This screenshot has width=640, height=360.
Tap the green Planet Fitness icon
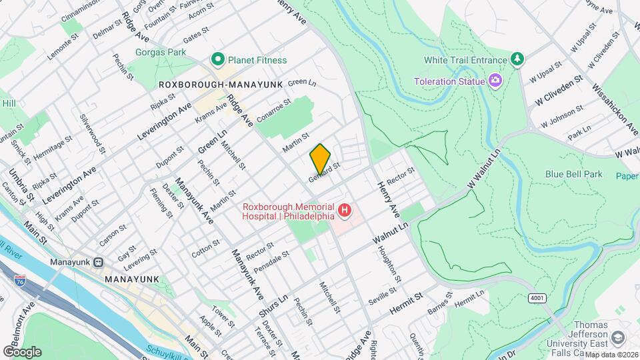click(217, 60)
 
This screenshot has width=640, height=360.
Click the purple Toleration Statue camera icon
click(495, 81)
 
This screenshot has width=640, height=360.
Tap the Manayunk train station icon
click(99, 262)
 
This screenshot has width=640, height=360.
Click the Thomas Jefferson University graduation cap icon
click(617, 338)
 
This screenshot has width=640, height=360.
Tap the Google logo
click(22, 351)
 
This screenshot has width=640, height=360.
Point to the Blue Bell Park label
click(573, 174)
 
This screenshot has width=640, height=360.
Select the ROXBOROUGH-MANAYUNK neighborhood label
click(221, 85)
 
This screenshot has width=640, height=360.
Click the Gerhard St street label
click(325, 172)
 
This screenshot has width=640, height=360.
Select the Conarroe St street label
click(274, 111)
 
